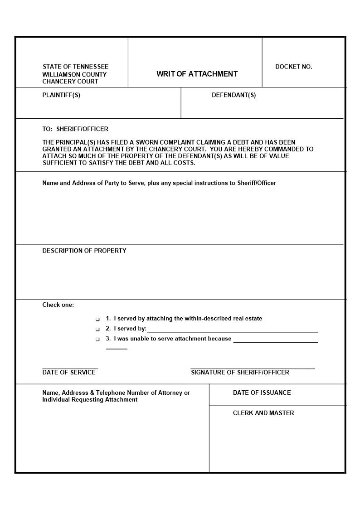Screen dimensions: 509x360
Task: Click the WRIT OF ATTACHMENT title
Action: point(197,74)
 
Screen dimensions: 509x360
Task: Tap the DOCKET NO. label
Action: point(293,67)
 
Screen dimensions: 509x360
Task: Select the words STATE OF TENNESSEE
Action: point(75,67)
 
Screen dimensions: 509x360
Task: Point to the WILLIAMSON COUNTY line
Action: point(74,74)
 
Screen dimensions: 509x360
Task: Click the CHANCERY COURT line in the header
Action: point(70,82)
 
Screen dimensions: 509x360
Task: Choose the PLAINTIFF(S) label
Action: point(61,95)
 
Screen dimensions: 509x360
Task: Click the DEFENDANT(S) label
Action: point(234,95)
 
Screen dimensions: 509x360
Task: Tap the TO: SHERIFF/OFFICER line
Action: point(75,129)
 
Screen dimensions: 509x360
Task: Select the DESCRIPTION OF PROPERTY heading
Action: point(84,251)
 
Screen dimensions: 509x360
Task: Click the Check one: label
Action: point(58,305)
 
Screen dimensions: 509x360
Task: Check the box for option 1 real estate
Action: point(97,319)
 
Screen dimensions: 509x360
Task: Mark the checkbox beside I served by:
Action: point(97,329)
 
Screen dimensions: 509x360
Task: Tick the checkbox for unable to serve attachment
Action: point(97,339)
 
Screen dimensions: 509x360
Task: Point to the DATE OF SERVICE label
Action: point(69,373)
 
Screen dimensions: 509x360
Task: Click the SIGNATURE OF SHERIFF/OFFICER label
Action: point(240,373)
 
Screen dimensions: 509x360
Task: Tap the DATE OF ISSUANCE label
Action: point(262,393)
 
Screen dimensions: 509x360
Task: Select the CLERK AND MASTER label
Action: point(263,413)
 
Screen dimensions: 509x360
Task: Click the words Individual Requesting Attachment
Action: point(90,400)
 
